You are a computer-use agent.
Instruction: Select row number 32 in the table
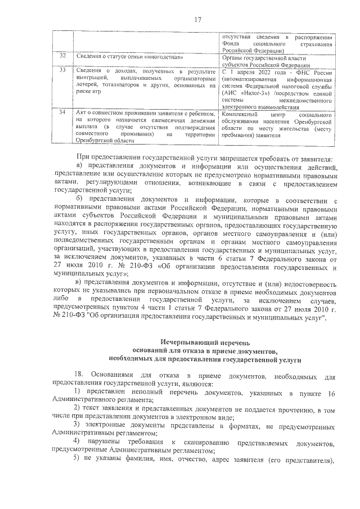(63, 57)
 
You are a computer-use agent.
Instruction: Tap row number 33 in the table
(63, 70)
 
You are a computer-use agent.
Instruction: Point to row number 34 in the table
(63, 112)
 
